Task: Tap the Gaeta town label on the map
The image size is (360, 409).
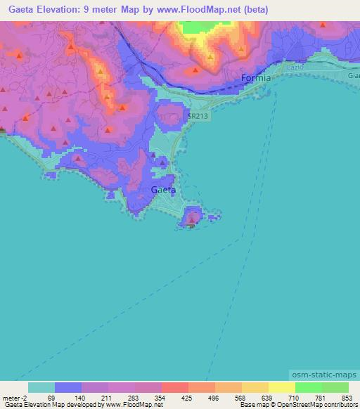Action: click(164, 190)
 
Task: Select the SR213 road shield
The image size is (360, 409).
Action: click(198, 116)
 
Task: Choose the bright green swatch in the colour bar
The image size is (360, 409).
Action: click(308, 387)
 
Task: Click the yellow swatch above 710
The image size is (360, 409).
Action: click(281, 387)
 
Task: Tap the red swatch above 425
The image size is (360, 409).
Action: click(174, 387)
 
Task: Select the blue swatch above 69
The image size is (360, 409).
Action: click(68, 387)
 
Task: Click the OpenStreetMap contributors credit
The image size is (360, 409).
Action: click(310, 405)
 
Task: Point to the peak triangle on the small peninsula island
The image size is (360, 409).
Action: click(193, 221)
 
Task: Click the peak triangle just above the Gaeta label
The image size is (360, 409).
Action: click(162, 164)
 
